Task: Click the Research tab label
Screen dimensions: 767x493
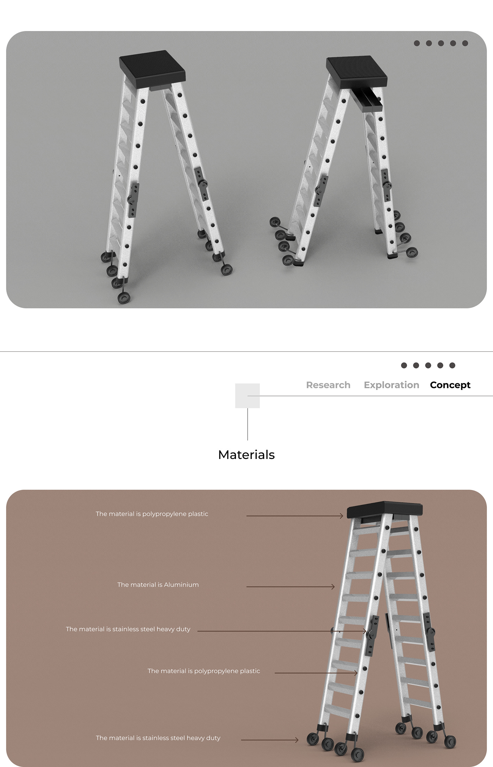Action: tap(328, 385)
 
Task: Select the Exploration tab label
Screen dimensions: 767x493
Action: tap(391, 385)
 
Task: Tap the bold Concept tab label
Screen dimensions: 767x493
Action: tap(450, 385)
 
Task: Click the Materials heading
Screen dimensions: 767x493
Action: tap(246, 454)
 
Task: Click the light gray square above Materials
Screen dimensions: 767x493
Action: tap(247, 396)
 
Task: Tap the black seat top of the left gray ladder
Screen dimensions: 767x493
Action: tap(152, 68)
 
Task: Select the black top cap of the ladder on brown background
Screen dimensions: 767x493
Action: tap(385, 510)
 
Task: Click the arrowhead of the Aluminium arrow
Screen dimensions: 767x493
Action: tap(333, 587)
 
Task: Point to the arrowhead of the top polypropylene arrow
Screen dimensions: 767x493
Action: tap(342, 516)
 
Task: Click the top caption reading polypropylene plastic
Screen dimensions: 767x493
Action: tap(152, 514)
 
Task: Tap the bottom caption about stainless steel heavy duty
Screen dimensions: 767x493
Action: tap(158, 738)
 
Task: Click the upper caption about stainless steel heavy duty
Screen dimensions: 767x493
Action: tap(128, 629)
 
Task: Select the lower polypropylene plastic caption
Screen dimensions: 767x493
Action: tap(204, 671)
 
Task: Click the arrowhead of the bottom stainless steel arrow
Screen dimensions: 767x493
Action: tap(297, 740)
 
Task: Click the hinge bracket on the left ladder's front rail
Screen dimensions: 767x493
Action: tap(133, 199)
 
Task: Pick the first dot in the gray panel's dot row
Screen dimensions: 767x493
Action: tap(417, 43)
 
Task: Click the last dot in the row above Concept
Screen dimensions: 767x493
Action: tap(452, 365)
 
